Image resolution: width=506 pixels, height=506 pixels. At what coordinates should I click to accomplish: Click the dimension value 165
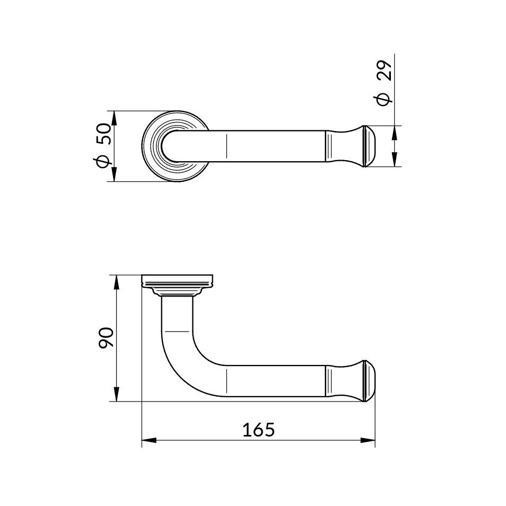coord(258,429)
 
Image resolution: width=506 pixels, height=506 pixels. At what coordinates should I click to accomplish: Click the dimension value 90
coord(106,338)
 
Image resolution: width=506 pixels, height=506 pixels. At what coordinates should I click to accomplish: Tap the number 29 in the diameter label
coord(385,71)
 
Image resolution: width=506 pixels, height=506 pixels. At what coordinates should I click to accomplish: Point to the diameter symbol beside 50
coord(104,160)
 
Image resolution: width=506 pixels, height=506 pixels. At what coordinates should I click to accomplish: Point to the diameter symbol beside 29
coord(384,99)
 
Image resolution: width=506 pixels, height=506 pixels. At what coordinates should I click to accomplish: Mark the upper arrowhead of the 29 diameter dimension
coord(394,132)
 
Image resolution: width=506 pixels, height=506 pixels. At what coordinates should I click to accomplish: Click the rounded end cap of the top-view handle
coord(369,146)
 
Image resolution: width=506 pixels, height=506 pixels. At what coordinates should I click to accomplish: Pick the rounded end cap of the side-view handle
coord(369,381)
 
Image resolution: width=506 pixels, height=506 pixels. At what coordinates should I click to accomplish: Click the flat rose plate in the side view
coord(178,281)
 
